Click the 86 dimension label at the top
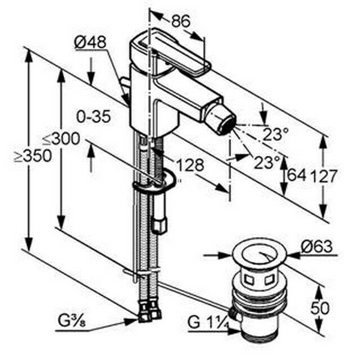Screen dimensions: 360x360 (181, 21)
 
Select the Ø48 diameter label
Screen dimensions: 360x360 (90, 42)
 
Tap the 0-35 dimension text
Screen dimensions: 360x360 (93, 116)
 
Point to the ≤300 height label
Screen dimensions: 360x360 (61, 139)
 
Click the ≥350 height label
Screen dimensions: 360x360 (33, 156)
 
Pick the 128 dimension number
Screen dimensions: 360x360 (190, 165)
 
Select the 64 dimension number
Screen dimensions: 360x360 (296, 175)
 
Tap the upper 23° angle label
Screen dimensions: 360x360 (276, 134)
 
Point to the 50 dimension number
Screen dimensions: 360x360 (320, 308)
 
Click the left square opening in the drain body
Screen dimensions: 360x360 (249, 280)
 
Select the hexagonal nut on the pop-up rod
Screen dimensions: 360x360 (160, 225)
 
